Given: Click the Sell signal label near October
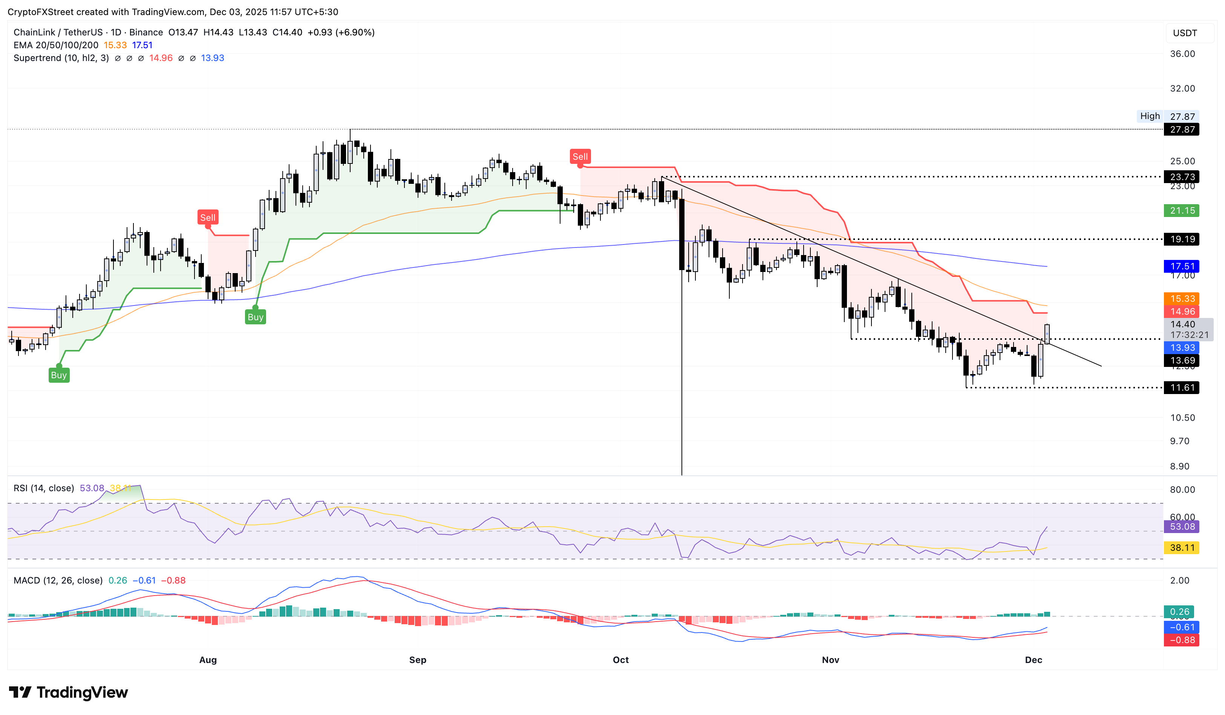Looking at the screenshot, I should [580, 156].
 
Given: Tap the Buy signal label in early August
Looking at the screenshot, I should [255, 317].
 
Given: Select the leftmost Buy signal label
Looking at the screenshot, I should [59, 375].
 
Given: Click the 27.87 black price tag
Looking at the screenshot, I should [1181, 130].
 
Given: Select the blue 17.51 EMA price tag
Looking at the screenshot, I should [1181, 266].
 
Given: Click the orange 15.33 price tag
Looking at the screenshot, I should [1181, 299].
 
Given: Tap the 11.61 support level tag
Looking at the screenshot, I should [1181, 388].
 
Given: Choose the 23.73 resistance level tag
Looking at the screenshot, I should [1181, 177].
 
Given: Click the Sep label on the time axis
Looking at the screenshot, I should [418, 660].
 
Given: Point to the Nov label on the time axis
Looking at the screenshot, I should [830, 660].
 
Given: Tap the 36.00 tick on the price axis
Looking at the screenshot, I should [1182, 54].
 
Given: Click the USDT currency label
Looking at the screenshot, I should [1185, 33].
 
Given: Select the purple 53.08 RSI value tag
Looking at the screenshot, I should [1181, 527].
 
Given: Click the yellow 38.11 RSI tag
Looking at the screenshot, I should [1181, 548].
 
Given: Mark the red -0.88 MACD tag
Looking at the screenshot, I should [1181, 640].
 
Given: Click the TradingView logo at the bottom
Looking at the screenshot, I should [69, 692].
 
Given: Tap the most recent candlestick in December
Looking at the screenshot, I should [1047, 334].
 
